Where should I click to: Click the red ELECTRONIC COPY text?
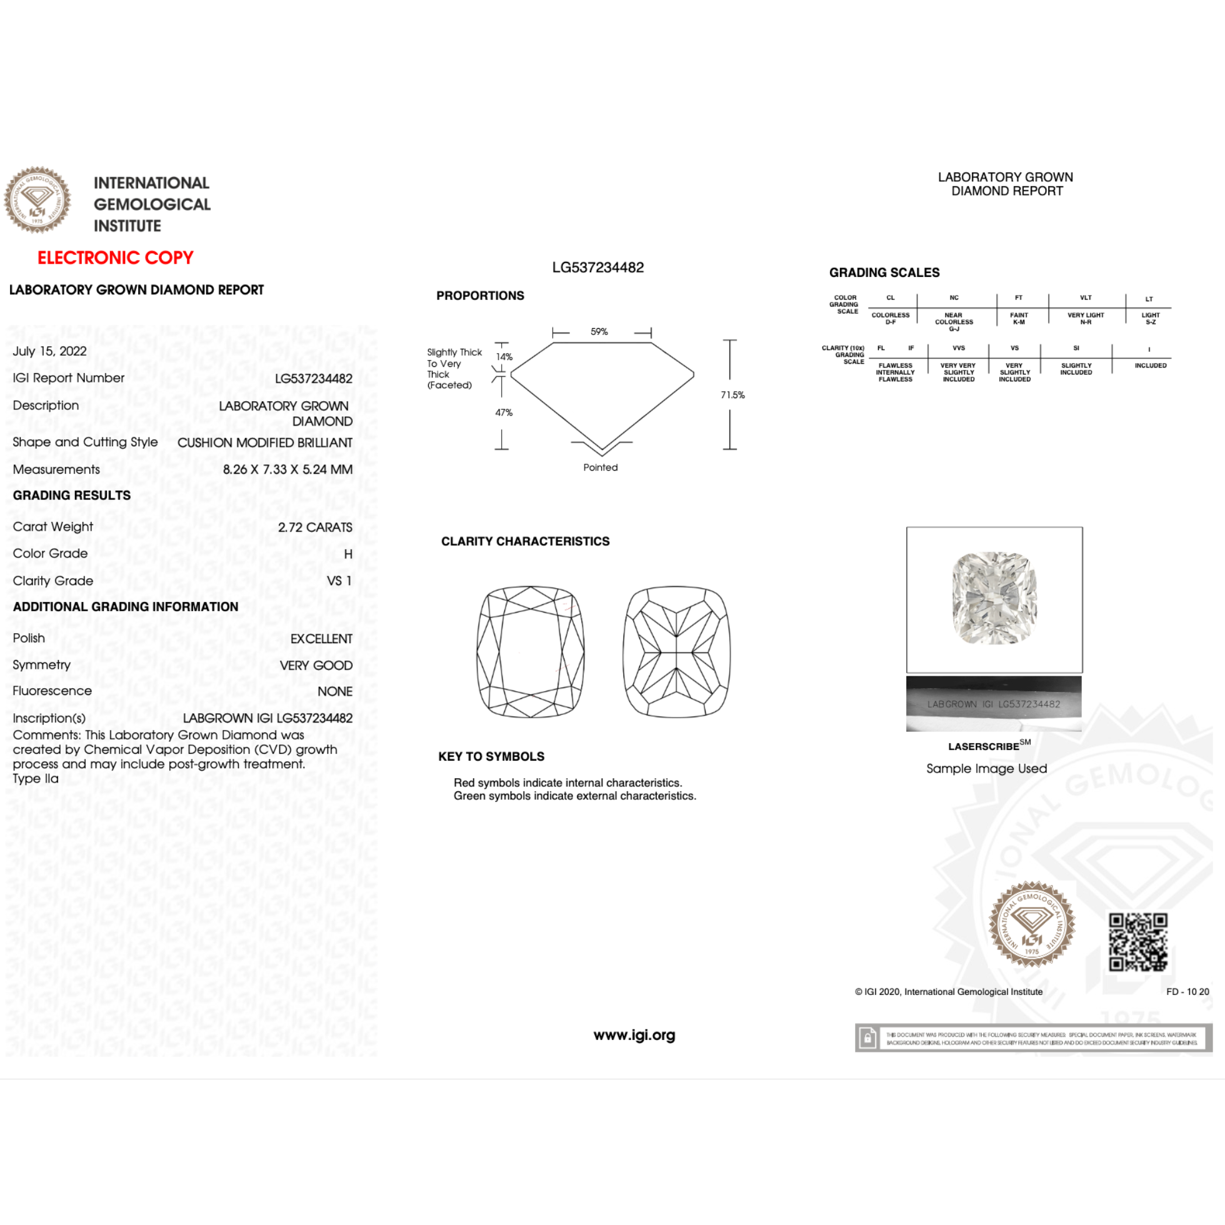pyautogui.click(x=116, y=257)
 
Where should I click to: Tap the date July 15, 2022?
pyautogui.click(x=49, y=351)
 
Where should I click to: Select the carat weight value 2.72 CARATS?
pyautogui.click(x=315, y=527)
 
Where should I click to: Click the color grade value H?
pyautogui.click(x=348, y=554)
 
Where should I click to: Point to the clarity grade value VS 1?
pyautogui.click(x=339, y=581)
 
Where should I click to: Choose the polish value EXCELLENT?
pyautogui.click(x=321, y=639)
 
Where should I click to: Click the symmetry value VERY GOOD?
pyautogui.click(x=316, y=665)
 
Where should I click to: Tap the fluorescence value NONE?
pyautogui.click(x=335, y=691)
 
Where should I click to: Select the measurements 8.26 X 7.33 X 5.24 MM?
pyautogui.click(x=287, y=469)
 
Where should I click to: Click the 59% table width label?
pyautogui.click(x=599, y=332)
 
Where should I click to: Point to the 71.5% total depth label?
pyautogui.click(x=732, y=395)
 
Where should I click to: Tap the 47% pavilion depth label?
pyautogui.click(x=504, y=412)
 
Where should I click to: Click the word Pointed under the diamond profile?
pyautogui.click(x=601, y=467)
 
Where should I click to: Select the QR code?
pyautogui.click(x=1137, y=942)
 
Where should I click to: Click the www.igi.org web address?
pyautogui.click(x=634, y=1035)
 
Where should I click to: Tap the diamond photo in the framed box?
pyautogui.click(x=994, y=598)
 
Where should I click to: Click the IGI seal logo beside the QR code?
pyautogui.click(x=1032, y=924)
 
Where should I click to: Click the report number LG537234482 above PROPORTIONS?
pyautogui.click(x=598, y=267)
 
